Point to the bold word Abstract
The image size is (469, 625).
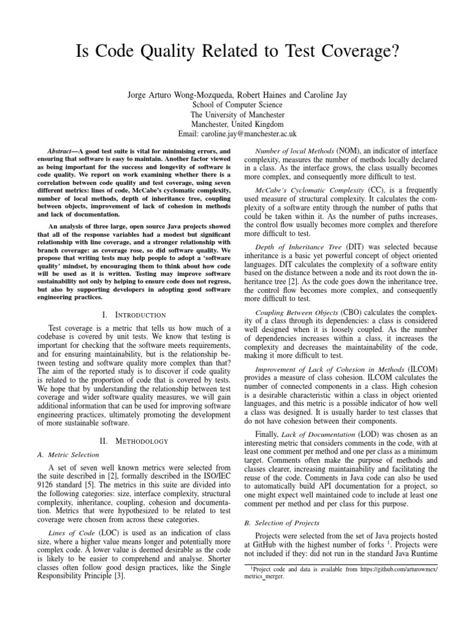(62, 150)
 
